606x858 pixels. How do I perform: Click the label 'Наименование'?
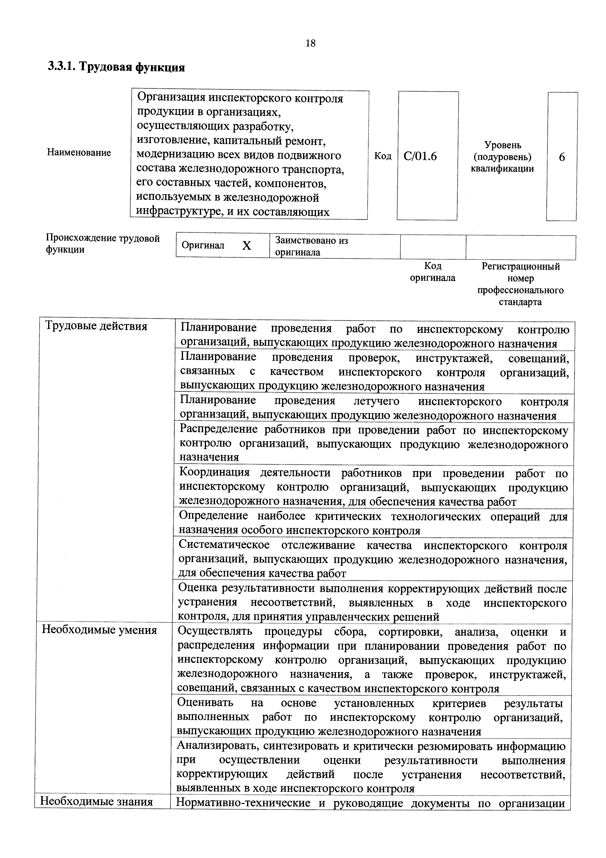coord(79,152)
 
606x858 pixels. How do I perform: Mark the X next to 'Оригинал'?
coord(247,246)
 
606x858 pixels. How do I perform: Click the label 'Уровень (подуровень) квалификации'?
coord(502,157)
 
